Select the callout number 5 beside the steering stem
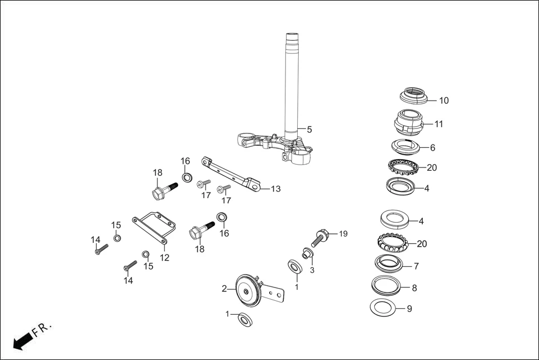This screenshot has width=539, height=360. (x=309, y=129)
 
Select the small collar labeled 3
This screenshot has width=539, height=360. (x=306, y=255)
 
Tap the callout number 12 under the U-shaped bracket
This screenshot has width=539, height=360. (x=164, y=257)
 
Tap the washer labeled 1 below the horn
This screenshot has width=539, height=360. (x=245, y=319)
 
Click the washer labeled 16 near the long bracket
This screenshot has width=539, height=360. (x=188, y=178)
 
